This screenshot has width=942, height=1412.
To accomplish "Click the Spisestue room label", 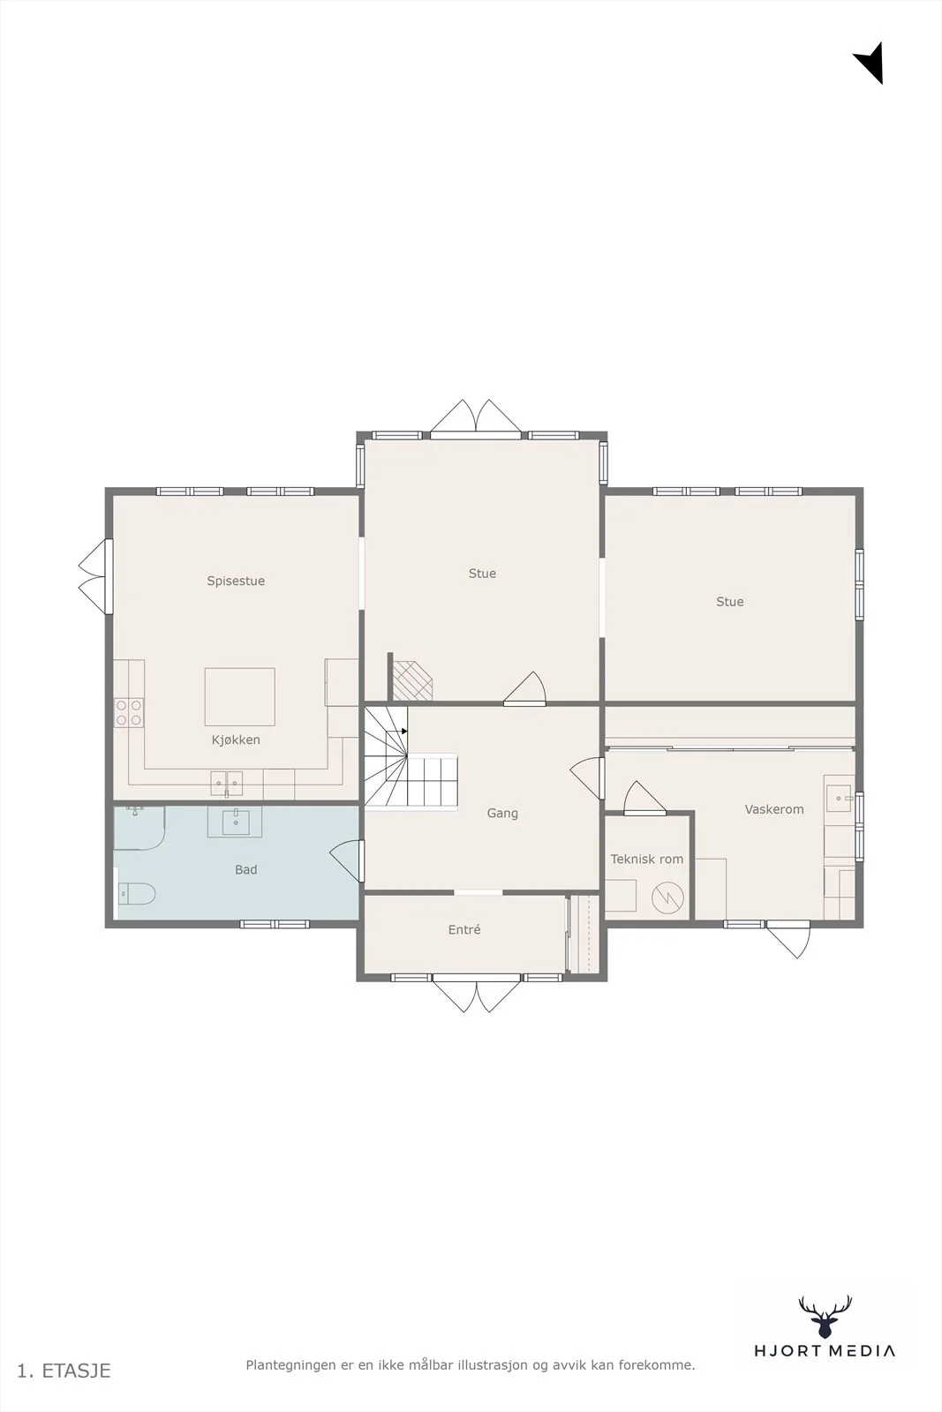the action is pyautogui.click(x=236, y=582).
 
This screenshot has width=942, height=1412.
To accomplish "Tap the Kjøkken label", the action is pyautogui.click(x=236, y=740).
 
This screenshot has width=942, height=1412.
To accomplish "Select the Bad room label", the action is pyautogui.click(x=246, y=870).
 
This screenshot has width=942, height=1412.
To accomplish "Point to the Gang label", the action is pyautogui.click(x=502, y=814).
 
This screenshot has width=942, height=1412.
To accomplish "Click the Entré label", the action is pyautogui.click(x=464, y=930).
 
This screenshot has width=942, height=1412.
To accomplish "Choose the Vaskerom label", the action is pyautogui.click(x=774, y=809).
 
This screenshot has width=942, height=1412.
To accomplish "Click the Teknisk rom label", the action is pyautogui.click(x=647, y=860).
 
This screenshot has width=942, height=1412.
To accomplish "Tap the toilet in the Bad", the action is pyautogui.click(x=137, y=893).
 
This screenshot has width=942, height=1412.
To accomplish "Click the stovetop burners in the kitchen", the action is pyautogui.click(x=129, y=713).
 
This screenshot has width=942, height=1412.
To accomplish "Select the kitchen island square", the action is pyautogui.click(x=239, y=696).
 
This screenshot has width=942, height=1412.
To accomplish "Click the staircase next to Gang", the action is pyautogui.click(x=410, y=756).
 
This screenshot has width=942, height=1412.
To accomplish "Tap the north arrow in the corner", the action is pyautogui.click(x=869, y=63).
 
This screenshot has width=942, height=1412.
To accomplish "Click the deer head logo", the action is pyautogui.click(x=825, y=1317).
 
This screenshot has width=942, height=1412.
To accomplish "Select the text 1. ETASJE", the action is pyautogui.click(x=64, y=1371).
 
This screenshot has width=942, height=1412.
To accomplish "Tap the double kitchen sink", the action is pyautogui.click(x=226, y=784).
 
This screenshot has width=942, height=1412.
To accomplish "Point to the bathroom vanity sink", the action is pyautogui.click(x=235, y=822).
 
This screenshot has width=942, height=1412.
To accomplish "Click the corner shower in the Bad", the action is pyautogui.click(x=139, y=828).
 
